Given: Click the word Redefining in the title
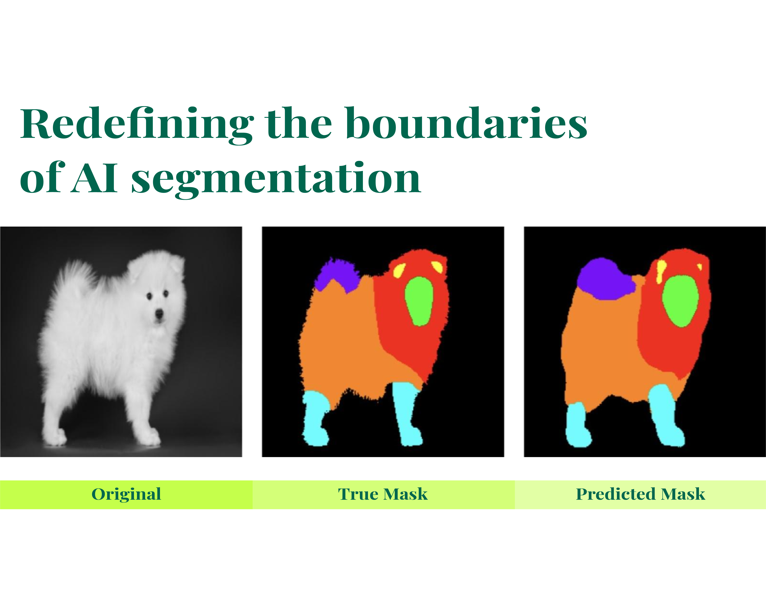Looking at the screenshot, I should click(x=137, y=125).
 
